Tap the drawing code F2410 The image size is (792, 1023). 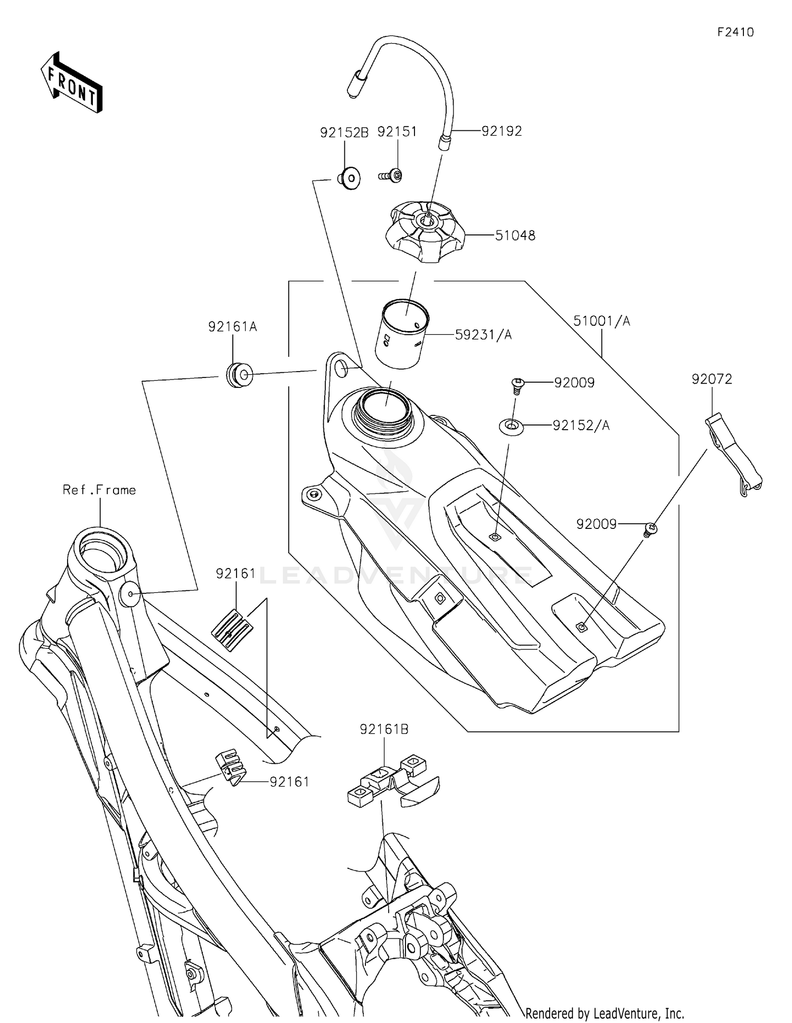click(x=735, y=32)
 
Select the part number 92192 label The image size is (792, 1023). click(x=501, y=131)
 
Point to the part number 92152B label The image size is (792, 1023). click(x=344, y=132)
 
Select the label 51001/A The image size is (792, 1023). click(x=601, y=321)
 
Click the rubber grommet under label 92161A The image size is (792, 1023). click(x=239, y=375)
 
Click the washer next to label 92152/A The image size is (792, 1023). click(x=512, y=426)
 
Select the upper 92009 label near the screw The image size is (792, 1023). click(x=574, y=383)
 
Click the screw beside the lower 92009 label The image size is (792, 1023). click(x=651, y=528)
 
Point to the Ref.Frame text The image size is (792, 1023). click(x=99, y=490)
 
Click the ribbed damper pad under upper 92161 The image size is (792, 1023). click(x=232, y=630)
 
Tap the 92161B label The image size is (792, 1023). click(x=384, y=729)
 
